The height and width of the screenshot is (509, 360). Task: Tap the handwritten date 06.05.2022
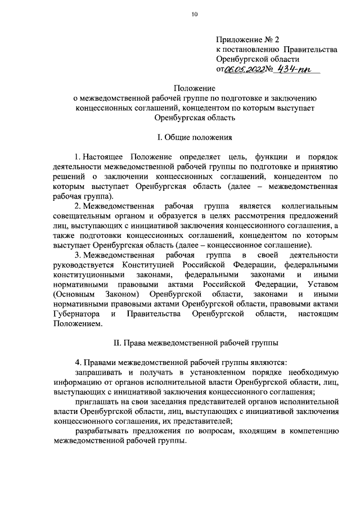[x=245, y=69]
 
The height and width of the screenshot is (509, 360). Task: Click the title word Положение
[x=193, y=88]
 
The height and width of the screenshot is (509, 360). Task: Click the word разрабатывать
[x=101, y=431]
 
